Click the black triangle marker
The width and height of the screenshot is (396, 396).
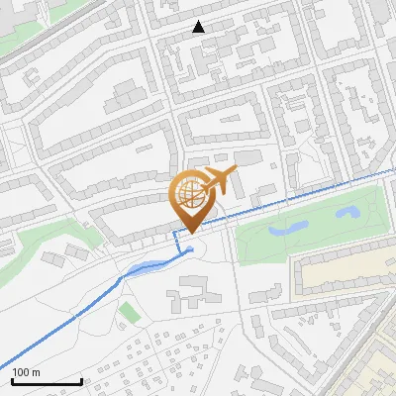click(x=199, y=27)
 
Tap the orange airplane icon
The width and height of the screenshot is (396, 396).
click(x=219, y=182)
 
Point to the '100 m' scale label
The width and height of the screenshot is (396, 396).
click(x=26, y=372)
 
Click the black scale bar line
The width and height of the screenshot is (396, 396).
click(x=47, y=381)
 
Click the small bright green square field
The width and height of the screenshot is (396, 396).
click(x=129, y=313)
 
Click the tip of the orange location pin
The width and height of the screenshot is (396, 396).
click(x=190, y=231)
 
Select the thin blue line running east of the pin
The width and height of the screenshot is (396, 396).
click(x=297, y=193)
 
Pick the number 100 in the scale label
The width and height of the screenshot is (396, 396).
click(x=22, y=372)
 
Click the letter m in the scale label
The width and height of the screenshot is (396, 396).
click(x=36, y=372)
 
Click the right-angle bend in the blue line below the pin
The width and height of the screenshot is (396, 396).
click(x=176, y=232)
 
